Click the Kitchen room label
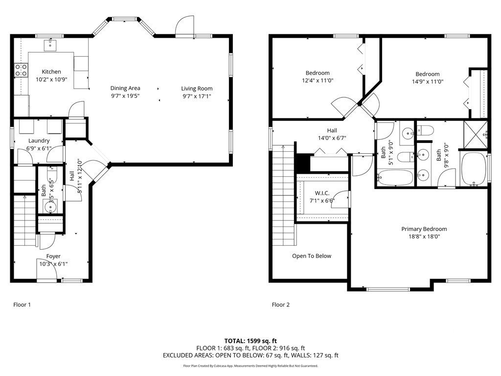pos(51,71)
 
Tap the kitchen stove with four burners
pos(21,70)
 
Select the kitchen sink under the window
pos(50,45)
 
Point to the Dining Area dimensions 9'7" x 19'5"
pos(125,96)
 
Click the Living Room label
pos(197,89)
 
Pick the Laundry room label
pos(39,141)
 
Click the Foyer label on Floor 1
pos(53,256)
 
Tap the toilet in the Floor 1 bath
pos(52,173)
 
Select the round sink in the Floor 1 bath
pos(50,207)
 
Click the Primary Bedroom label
pos(424,229)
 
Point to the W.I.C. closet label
pos(322,193)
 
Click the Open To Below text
pos(312,256)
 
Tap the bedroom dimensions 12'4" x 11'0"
pos(318,81)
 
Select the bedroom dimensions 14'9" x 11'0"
pos(428,82)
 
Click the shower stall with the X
pos(476,135)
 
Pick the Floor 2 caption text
pos(280,305)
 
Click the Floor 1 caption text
pos(22,305)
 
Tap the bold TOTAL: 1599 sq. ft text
pos(250,341)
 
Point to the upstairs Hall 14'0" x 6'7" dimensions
pos(332,138)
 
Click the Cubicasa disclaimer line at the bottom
pos(250,366)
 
